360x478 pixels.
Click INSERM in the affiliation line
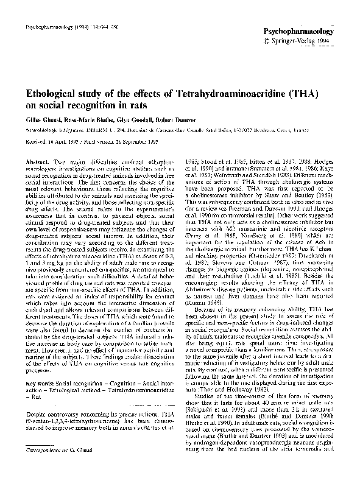pos(110,130)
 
